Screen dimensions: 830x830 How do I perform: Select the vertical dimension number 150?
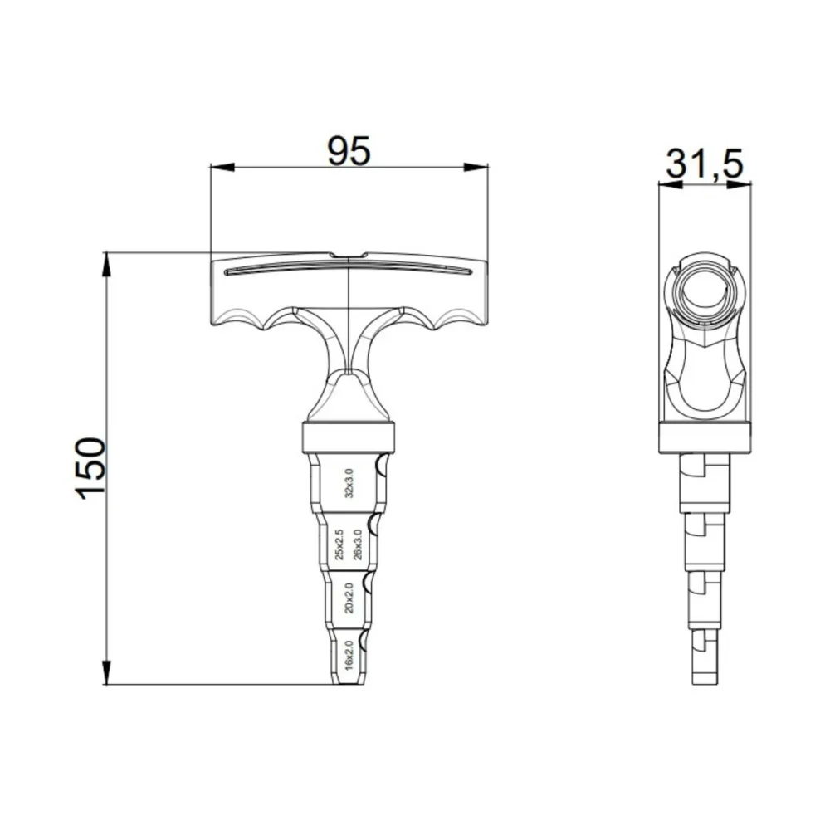tap(92, 468)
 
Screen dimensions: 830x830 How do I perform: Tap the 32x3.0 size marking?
tap(349, 483)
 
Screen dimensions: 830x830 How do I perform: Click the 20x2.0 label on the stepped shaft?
tap(349, 598)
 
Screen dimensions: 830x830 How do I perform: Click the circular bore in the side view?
tap(704, 291)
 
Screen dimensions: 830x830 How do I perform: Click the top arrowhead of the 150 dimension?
tap(106, 264)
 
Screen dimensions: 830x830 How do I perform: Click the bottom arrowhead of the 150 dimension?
tap(106, 673)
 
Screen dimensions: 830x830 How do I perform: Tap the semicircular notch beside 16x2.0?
tap(362, 637)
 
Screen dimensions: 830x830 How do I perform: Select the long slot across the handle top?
tap(349, 268)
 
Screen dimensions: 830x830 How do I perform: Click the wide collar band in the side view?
tap(704, 437)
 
